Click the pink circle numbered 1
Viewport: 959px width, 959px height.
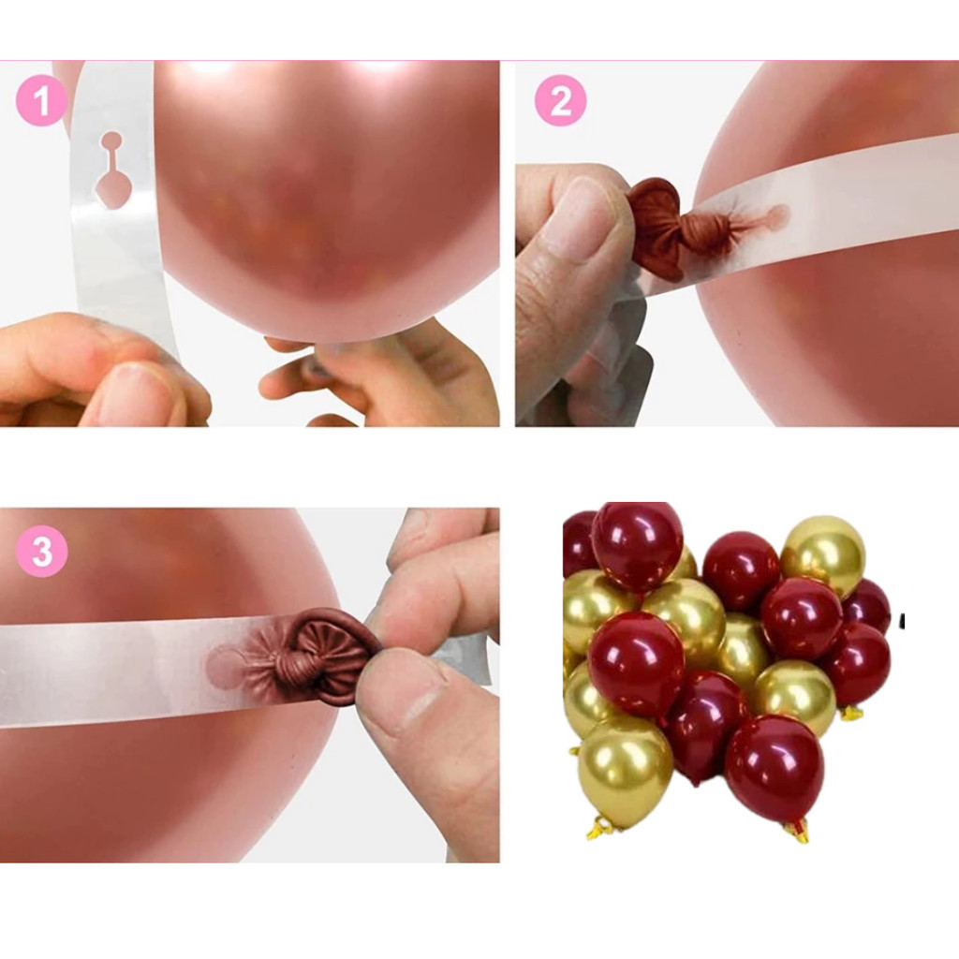click(41, 101)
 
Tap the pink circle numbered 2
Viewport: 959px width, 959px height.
click(560, 101)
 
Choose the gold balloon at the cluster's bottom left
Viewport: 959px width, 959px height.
click(625, 769)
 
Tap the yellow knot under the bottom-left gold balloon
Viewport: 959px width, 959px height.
click(601, 829)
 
